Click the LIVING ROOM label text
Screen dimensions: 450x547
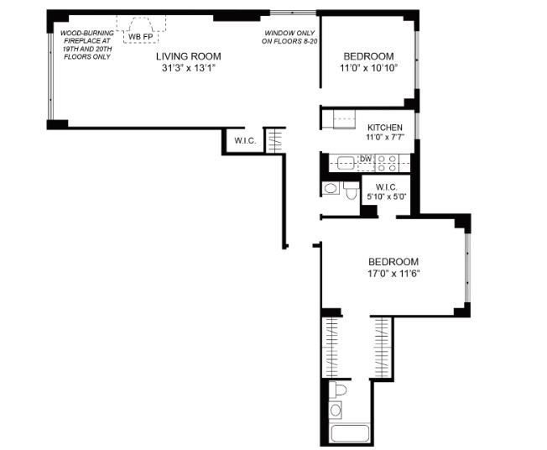(x=188, y=56)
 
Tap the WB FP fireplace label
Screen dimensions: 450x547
(x=140, y=36)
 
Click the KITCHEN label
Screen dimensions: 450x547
(x=385, y=127)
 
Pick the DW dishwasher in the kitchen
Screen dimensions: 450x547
(x=365, y=158)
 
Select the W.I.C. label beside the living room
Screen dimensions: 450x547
(x=244, y=140)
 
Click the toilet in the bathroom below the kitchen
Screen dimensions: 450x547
(x=351, y=192)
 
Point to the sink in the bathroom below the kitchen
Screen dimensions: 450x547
(x=330, y=189)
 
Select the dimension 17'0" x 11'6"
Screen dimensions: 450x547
(x=393, y=274)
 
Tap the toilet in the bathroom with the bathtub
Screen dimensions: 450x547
(x=337, y=390)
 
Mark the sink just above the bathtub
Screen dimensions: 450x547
(x=336, y=410)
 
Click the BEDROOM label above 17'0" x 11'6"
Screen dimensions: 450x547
(x=393, y=261)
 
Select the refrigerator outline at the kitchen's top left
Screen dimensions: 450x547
(x=346, y=121)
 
